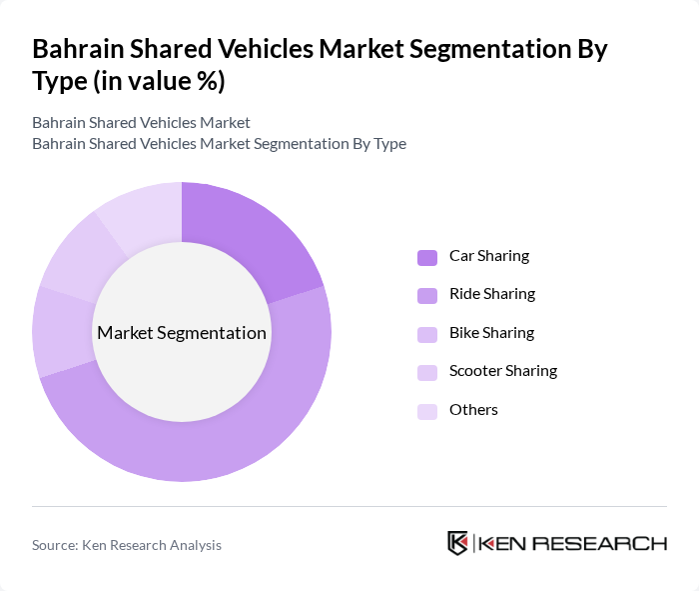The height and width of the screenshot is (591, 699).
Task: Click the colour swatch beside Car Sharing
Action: (427, 257)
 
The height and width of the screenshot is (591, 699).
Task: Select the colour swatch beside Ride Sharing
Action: (427, 295)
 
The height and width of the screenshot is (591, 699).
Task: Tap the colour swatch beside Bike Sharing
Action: (427, 334)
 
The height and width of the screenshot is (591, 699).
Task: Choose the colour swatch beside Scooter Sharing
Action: (427, 372)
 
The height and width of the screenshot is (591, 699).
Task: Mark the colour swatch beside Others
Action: (427, 411)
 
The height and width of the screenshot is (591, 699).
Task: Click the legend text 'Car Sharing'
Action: (489, 256)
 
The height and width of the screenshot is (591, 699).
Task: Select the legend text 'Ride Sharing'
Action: (492, 294)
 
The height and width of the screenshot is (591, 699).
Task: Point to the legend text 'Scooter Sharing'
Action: (503, 371)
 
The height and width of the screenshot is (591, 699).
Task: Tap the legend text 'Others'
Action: (473, 410)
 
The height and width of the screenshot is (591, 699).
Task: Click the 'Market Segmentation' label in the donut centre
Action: (182, 333)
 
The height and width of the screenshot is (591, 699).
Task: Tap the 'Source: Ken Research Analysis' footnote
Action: (127, 545)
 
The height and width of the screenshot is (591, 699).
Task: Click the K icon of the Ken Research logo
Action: (458, 543)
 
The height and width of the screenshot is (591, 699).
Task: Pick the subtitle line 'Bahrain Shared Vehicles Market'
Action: (141, 123)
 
